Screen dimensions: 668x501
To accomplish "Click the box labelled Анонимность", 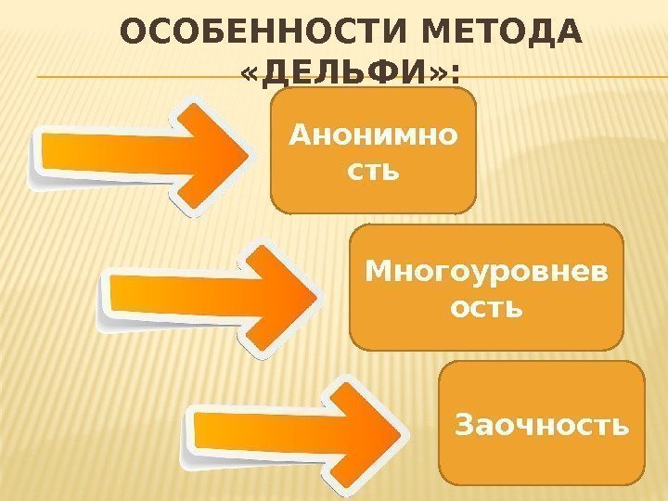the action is click(x=373, y=151).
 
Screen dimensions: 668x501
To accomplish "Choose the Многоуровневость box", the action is click(x=486, y=287).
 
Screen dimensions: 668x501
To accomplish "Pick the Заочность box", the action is click(x=541, y=422).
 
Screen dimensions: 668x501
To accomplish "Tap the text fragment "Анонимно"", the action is click(x=373, y=137).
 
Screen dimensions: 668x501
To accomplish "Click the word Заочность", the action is click(x=543, y=426).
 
